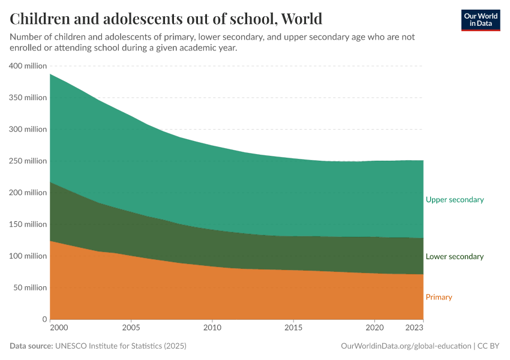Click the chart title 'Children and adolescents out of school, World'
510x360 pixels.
click(166, 19)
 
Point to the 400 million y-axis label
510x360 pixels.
click(28, 66)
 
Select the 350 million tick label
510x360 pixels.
click(28, 98)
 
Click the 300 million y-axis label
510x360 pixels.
click(28, 130)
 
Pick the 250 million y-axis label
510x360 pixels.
click(28, 161)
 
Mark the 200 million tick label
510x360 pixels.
click(28, 193)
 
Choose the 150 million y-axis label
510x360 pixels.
click(28, 224)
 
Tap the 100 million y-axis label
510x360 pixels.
click(28, 256)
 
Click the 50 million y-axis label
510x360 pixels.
click(29, 288)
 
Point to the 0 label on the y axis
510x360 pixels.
click(44, 319)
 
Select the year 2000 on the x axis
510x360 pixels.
click(58, 328)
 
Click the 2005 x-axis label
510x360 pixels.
click(131, 328)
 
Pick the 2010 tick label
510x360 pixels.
click(212, 328)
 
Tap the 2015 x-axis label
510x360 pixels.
click(293, 328)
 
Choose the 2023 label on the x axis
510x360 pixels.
click(415, 328)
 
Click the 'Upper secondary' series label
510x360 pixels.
click(454, 200)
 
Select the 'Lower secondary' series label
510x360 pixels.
click(454, 257)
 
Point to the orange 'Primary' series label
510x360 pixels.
click(439, 297)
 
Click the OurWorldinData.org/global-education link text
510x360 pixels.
click(405, 346)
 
